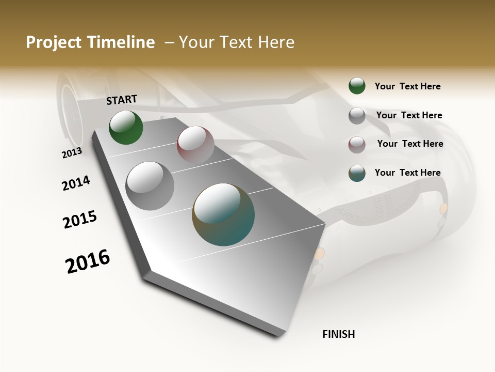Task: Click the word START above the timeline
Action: click(x=122, y=100)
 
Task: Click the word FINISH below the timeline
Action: click(x=338, y=334)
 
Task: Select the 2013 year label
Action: click(x=72, y=153)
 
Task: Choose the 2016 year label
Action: click(x=88, y=261)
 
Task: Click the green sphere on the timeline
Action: click(x=126, y=127)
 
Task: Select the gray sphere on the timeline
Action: click(x=150, y=185)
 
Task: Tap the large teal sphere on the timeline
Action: click(x=223, y=214)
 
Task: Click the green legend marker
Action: click(x=357, y=86)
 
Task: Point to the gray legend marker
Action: click(x=357, y=116)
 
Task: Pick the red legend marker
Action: click(x=357, y=145)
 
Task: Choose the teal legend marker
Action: click(x=357, y=173)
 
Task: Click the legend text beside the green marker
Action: click(x=407, y=86)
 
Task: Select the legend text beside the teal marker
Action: click(x=407, y=173)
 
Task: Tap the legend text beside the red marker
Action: click(x=410, y=144)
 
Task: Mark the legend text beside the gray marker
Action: click(x=409, y=115)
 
